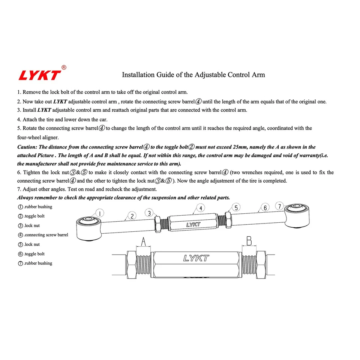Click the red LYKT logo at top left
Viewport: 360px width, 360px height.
point(39,75)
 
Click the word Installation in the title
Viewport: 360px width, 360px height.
point(138,75)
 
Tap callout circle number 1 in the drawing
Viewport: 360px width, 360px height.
point(100,213)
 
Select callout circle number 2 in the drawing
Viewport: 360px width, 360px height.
point(132,216)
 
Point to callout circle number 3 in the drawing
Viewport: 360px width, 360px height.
point(149,213)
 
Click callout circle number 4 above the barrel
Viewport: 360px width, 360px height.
point(201,208)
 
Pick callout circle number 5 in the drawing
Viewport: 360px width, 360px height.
point(236,207)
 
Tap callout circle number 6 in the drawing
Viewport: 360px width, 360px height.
point(265,207)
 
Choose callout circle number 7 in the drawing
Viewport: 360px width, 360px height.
point(280,205)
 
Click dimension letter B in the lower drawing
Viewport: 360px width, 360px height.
point(249,240)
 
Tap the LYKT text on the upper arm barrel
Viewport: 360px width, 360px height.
point(193,225)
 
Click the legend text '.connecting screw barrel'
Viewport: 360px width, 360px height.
point(46,235)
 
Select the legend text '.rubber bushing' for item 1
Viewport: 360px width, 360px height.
point(38,207)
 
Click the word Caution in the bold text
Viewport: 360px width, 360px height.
point(27,147)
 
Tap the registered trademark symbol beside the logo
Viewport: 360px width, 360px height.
point(64,67)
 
